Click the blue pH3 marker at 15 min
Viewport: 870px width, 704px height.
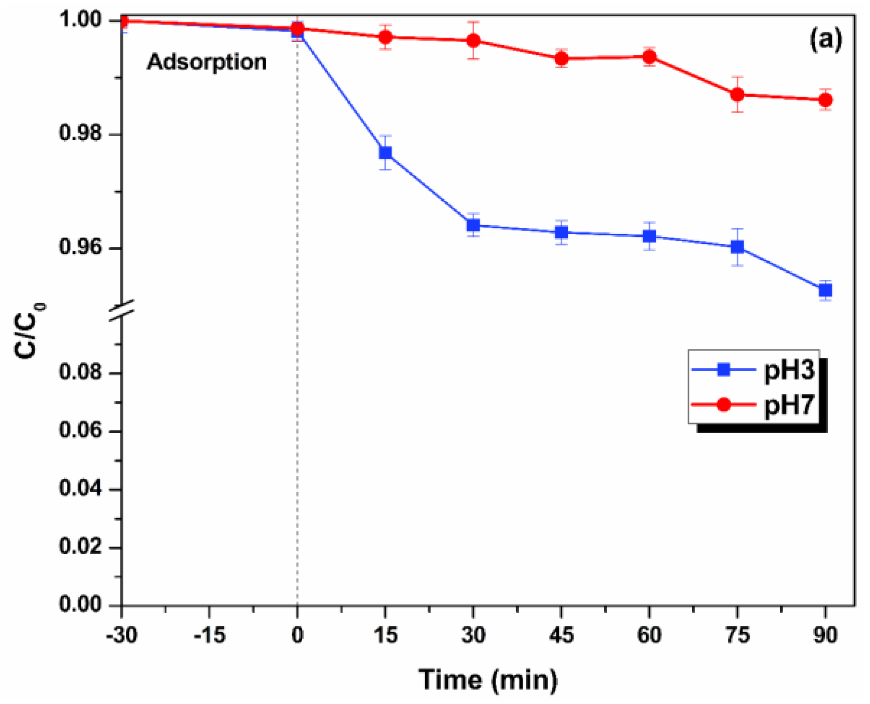tap(385, 153)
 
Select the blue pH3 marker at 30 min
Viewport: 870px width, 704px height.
tap(473, 225)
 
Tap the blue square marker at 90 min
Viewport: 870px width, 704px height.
tap(825, 290)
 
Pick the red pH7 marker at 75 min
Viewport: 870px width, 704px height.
tap(737, 95)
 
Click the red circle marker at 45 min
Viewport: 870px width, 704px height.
tap(561, 59)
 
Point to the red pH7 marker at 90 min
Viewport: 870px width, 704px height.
tap(825, 100)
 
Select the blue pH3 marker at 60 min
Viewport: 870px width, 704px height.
tap(649, 236)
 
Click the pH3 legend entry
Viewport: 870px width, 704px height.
tap(754, 370)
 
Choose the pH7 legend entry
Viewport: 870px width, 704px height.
tap(754, 405)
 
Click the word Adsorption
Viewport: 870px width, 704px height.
tap(207, 62)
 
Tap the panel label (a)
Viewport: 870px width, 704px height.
tap(826, 39)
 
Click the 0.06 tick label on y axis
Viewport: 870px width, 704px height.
tap(81, 430)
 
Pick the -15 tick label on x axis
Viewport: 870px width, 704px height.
tap(209, 635)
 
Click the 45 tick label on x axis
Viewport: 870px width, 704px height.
tap(561, 635)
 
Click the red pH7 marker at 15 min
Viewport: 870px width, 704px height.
tap(385, 37)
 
